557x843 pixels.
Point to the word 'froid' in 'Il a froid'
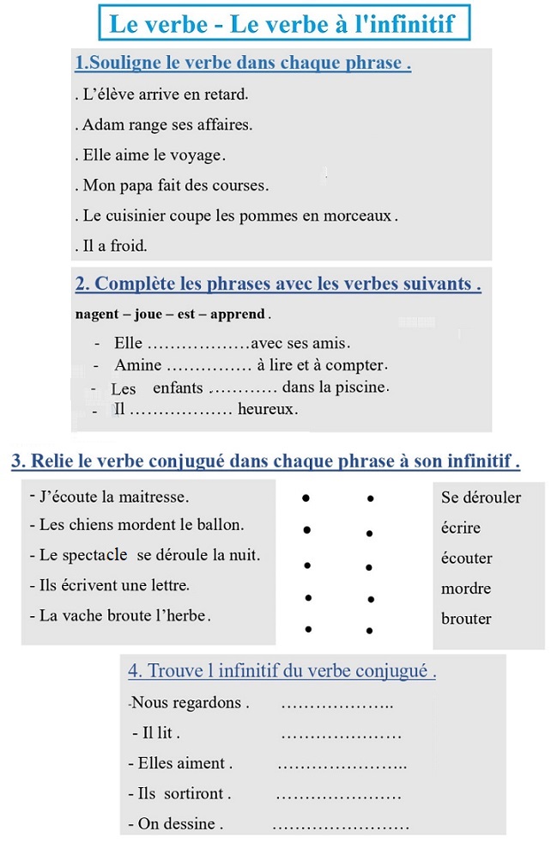129,246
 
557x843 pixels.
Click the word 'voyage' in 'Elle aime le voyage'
198,156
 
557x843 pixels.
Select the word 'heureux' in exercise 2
267,410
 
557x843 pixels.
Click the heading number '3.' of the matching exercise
19,461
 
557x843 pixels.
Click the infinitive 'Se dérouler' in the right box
481,498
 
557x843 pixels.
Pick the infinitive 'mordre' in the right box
466,589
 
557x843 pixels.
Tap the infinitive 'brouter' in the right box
466,619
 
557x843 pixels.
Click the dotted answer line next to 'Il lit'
341,736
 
